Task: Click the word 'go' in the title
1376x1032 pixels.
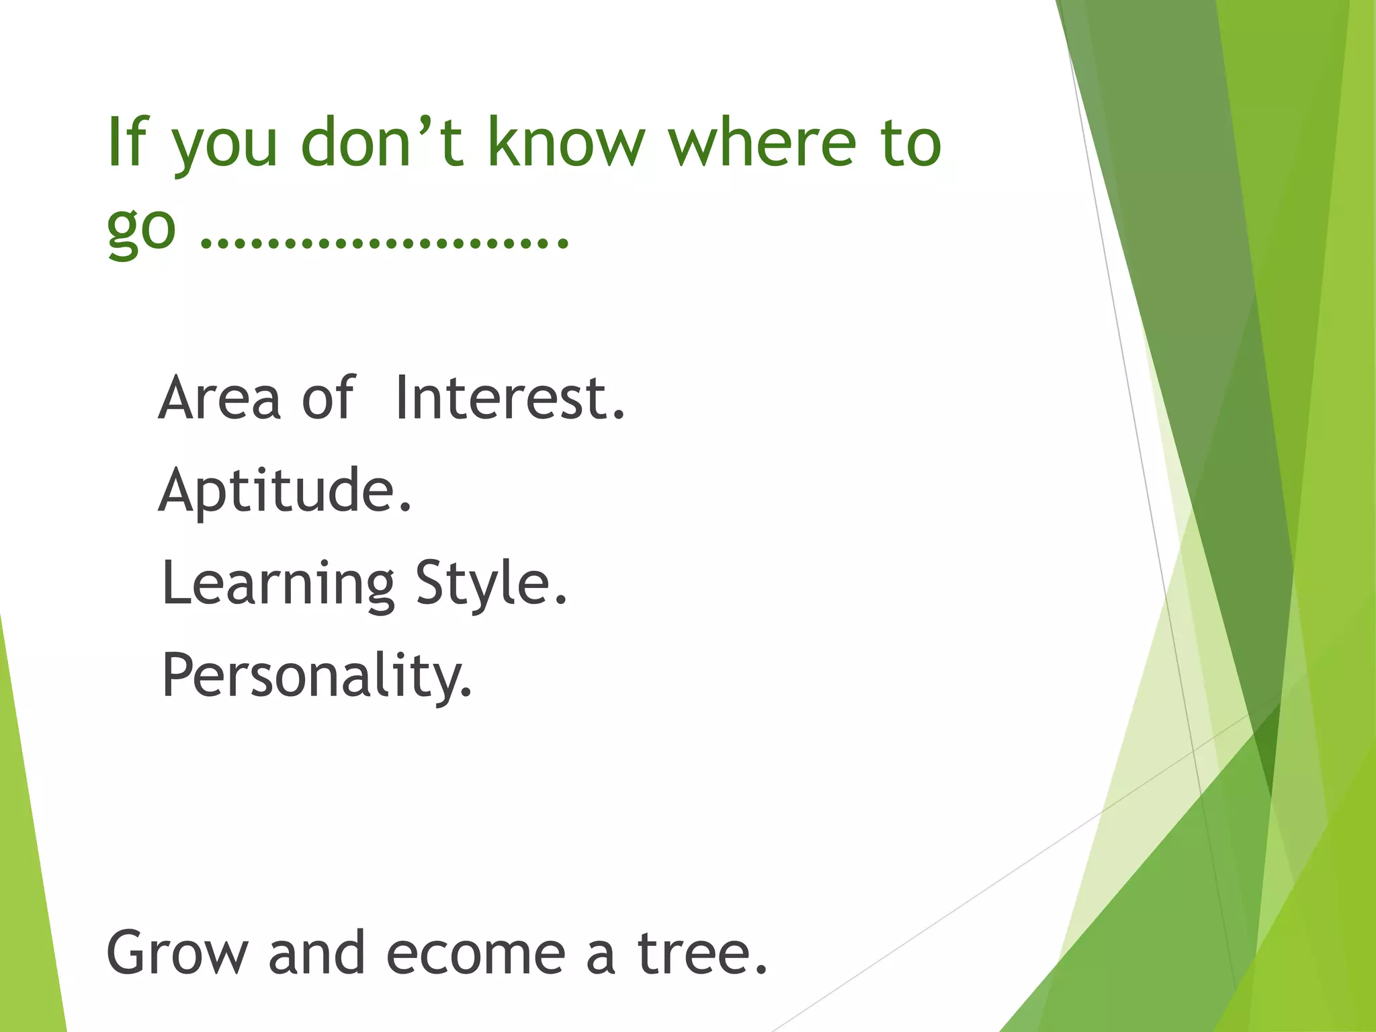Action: (x=141, y=228)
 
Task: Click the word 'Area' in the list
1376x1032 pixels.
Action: (x=219, y=398)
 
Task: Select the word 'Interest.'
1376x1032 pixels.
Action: (x=511, y=398)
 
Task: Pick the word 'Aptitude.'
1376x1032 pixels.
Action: (x=285, y=490)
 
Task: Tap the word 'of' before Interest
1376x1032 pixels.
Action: (x=328, y=398)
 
